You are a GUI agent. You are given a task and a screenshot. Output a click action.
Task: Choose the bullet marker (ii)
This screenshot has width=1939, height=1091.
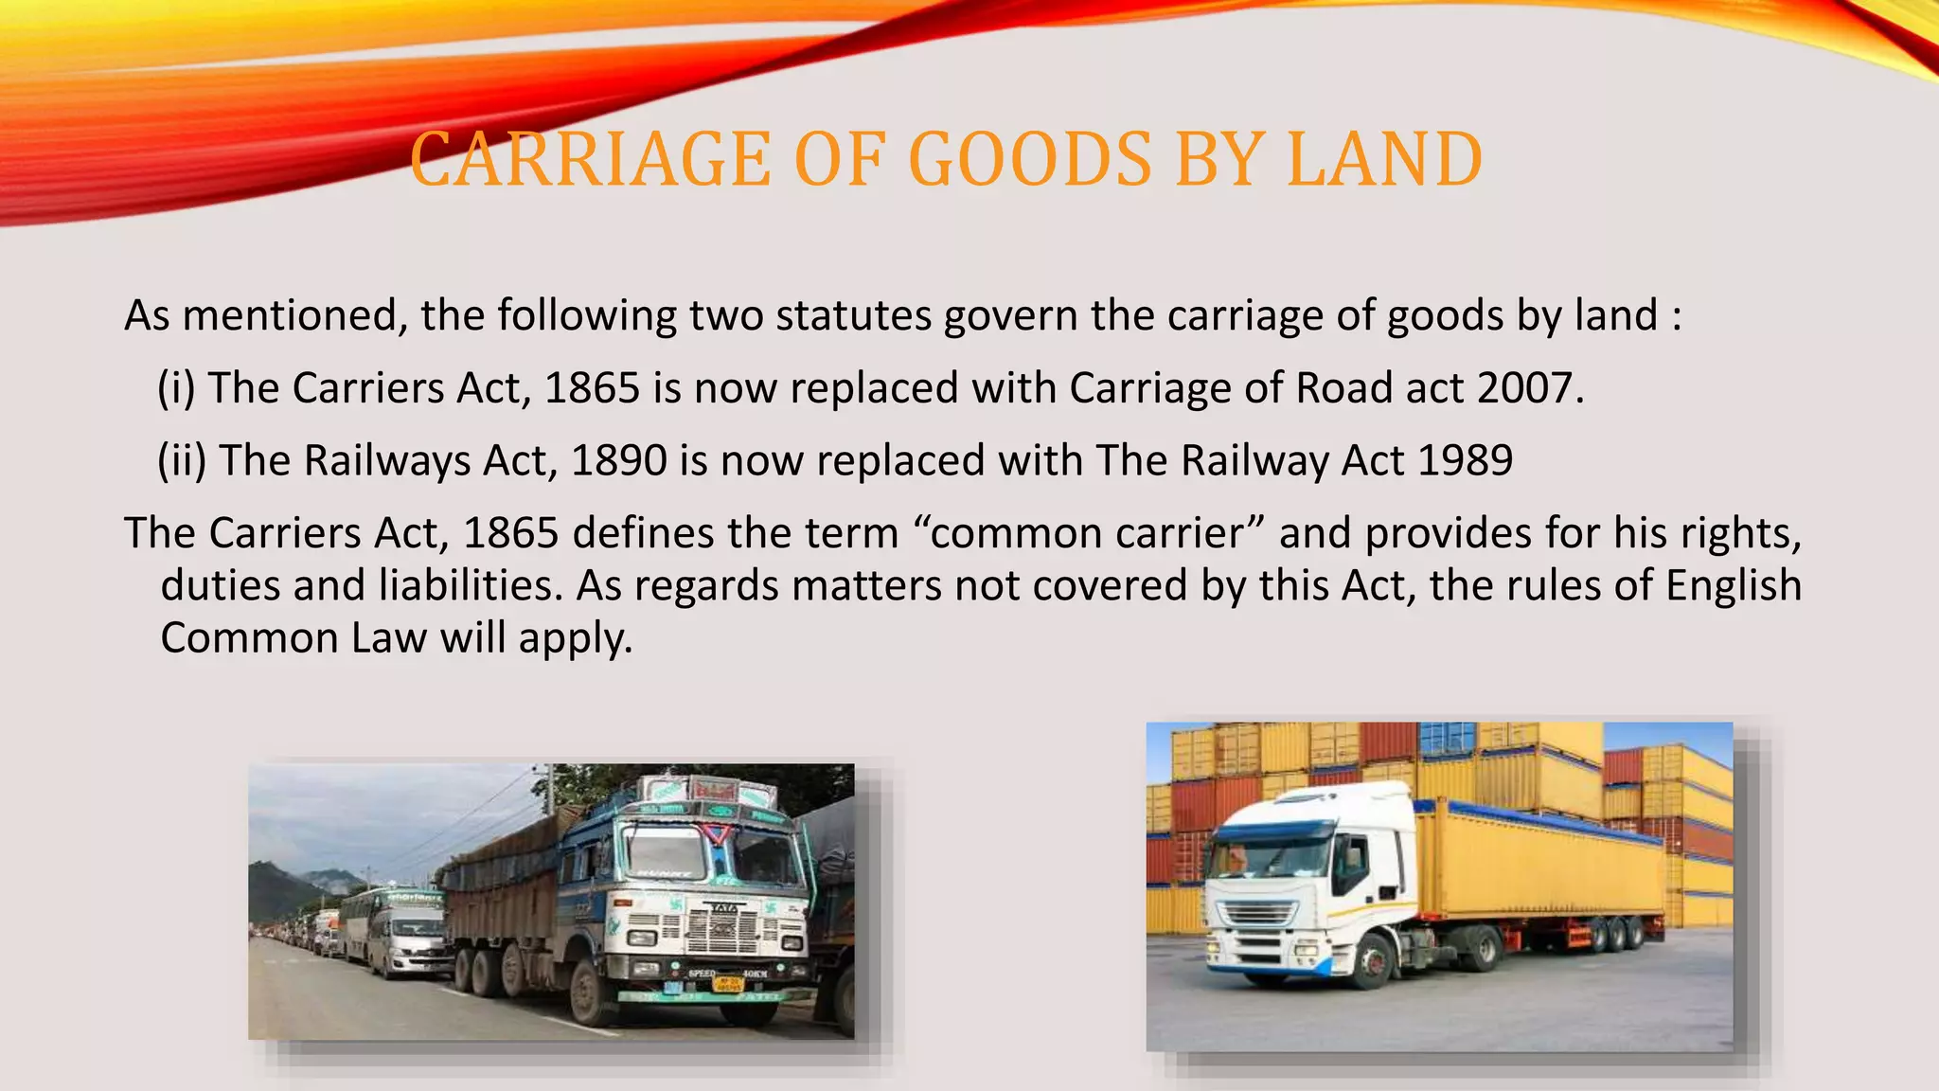point(182,461)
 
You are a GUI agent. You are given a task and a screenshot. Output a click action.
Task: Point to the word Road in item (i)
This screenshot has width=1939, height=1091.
point(1343,388)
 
